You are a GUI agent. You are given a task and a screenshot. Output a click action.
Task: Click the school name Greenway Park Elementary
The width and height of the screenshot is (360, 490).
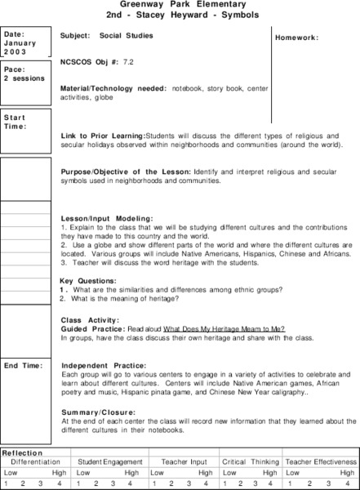coord(180,5)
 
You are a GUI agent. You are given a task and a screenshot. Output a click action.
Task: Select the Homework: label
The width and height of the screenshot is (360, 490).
coord(296,38)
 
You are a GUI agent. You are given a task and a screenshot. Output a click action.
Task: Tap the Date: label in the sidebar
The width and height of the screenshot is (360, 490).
coord(15,34)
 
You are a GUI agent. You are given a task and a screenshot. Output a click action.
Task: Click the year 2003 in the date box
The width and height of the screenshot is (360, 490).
coord(15,51)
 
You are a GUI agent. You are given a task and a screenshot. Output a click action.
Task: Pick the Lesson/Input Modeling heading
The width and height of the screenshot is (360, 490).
coord(107,220)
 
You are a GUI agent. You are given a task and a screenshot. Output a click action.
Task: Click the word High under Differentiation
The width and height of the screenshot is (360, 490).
coord(59,473)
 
